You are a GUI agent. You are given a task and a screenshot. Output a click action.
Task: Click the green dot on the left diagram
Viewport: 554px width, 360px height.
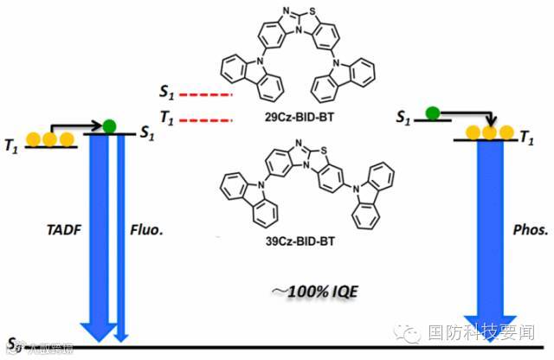point(109,126)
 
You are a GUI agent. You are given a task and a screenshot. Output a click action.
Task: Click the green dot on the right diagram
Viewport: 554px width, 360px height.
point(430,112)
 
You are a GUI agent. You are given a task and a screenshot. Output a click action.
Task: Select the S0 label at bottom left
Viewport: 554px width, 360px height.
point(11,343)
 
